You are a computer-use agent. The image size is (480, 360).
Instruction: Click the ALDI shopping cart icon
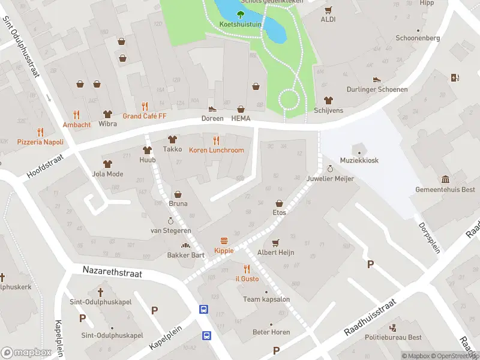coord(328,10)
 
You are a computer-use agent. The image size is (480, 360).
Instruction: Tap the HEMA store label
coord(241,119)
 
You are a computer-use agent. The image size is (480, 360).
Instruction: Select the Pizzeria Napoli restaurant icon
coord(40,131)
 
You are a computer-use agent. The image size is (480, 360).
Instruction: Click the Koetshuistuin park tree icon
coord(241,14)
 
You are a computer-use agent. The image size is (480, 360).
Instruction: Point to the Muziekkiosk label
coord(359,160)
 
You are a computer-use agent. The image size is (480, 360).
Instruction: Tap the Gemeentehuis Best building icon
coord(445,179)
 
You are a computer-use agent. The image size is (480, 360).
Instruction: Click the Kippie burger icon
coord(224,240)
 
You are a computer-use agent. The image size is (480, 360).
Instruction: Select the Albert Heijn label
coord(275,253)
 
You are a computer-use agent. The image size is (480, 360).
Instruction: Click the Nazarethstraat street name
coord(112,273)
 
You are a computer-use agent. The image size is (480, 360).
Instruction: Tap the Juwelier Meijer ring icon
coord(329,169)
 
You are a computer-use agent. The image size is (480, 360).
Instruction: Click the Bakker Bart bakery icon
coord(185,245)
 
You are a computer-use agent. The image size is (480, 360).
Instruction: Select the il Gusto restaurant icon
coord(246,269)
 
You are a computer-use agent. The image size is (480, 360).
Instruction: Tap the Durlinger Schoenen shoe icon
coord(376,79)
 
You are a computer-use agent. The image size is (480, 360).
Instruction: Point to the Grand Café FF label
coord(144,116)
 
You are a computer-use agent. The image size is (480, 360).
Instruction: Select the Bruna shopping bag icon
coord(178,194)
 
